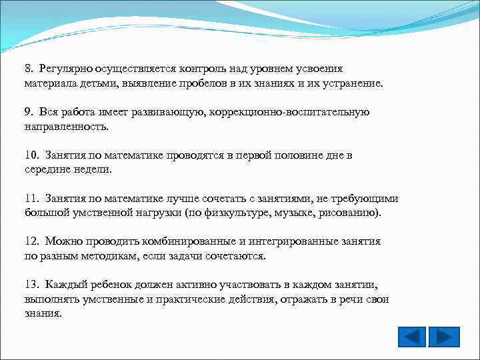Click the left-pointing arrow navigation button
[x=411, y=337]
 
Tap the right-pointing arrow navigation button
[x=443, y=337]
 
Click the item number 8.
[x=29, y=68]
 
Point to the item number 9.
[x=29, y=111]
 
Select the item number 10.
[x=31, y=155]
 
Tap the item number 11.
[x=31, y=198]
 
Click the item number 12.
[x=31, y=241]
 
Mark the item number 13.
[x=31, y=285]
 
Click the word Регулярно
[x=65, y=68]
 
